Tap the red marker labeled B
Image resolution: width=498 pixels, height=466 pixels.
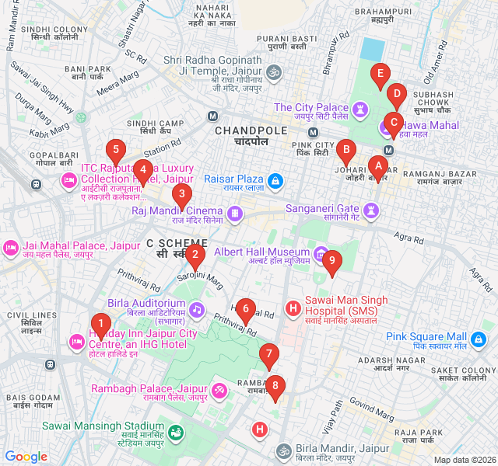(345, 150)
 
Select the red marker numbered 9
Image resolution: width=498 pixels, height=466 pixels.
(332, 262)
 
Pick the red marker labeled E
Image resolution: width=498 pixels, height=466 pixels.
(380, 76)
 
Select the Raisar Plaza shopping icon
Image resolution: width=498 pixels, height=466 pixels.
(275, 181)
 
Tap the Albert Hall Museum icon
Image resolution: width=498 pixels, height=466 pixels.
(321, 252)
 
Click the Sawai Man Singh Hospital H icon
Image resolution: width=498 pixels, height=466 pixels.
(293, 309)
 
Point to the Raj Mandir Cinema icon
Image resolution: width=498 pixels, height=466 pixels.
(234, 211)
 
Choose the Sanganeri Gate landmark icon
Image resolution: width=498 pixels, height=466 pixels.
(372, 209)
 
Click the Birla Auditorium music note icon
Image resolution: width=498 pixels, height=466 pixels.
(197, 310)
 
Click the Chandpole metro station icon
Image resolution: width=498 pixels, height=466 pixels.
(212, 116)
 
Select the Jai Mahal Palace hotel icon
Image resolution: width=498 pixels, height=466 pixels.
(11, 248)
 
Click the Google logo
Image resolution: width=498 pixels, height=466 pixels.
(26, 456)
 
